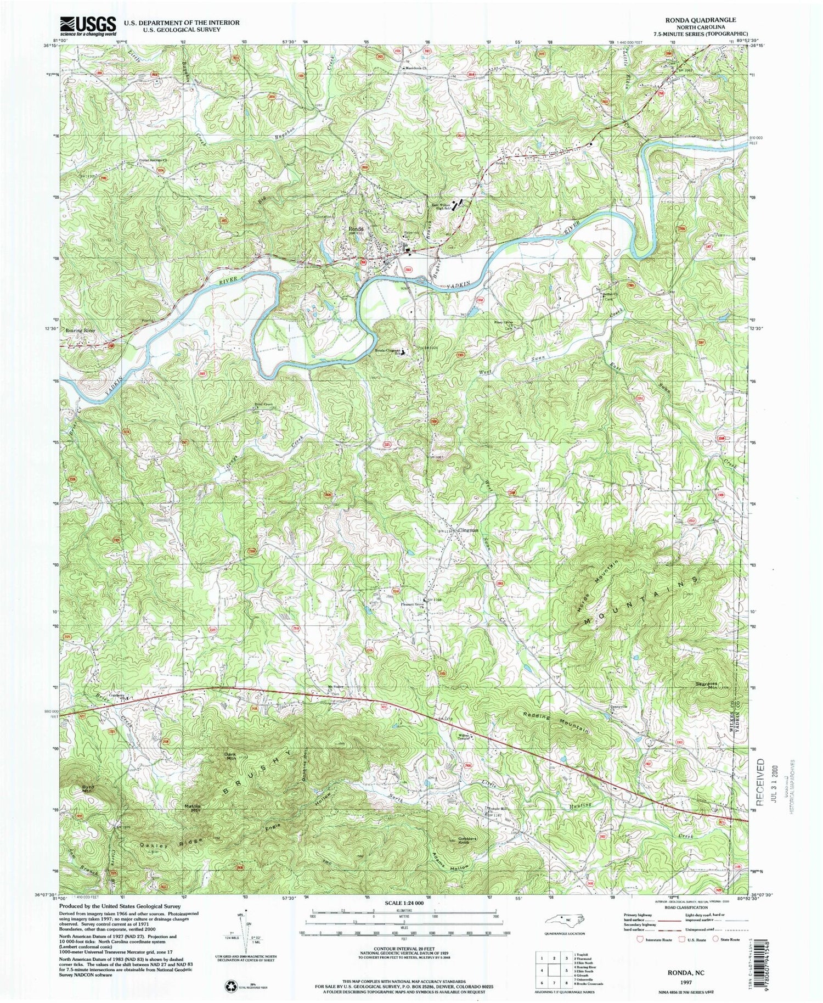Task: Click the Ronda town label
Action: [353, 229]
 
